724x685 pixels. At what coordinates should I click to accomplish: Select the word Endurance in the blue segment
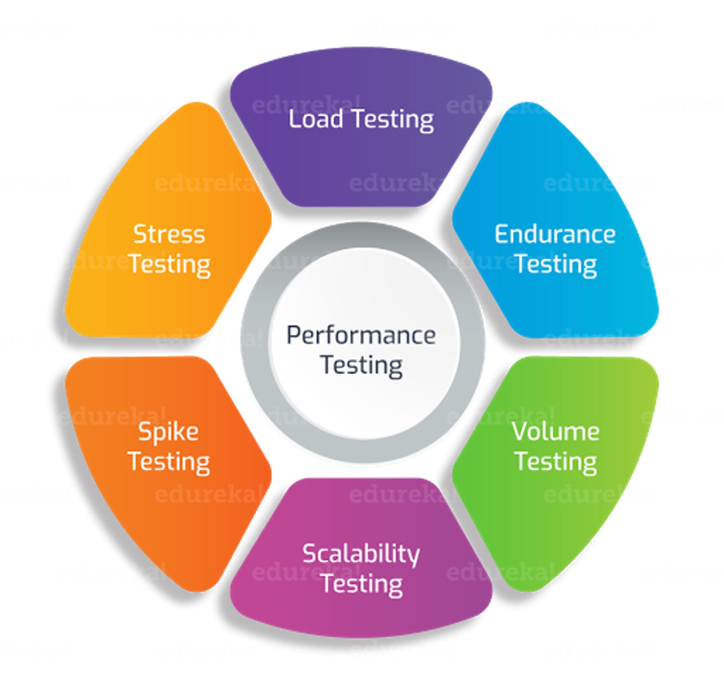[555, 234]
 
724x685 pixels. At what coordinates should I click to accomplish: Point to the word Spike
[168, 432]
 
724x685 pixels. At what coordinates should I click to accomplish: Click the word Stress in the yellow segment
[169, 234]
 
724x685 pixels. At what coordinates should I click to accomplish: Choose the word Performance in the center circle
[361, 336]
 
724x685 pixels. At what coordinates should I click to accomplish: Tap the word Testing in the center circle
[362, 365]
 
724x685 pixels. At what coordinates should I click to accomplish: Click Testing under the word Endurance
[556, 264]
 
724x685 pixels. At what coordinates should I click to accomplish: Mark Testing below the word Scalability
[362, 584]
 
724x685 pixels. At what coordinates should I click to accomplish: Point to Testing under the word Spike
[168, 462]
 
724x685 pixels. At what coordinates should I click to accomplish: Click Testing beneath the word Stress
[169, 264]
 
